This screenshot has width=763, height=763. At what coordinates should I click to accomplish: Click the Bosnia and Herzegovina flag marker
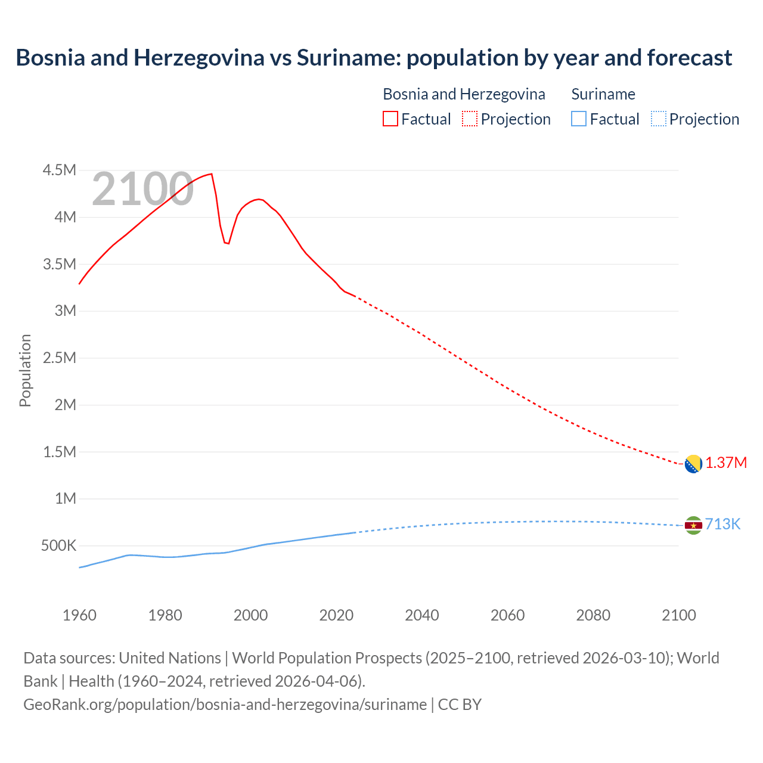(x=693, y=464)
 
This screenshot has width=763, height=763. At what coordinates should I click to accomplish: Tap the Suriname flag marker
(x=693, y=525)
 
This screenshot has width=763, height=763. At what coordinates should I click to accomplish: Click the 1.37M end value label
(x=726, y=463)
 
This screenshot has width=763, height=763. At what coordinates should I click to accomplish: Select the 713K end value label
(x=722, y=524)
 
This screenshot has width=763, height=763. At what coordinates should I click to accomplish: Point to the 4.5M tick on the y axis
(x=60, y=170)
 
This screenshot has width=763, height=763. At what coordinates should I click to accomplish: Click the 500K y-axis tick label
(x=58, y=546)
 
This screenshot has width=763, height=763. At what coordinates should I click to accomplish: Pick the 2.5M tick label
(x=60, y=358)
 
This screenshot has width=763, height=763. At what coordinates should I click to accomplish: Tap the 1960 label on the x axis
(x=79, y=615)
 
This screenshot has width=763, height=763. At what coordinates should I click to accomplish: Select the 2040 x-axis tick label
(x=422, y=615)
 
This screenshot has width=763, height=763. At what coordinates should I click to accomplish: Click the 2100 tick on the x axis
(x=678, y=615)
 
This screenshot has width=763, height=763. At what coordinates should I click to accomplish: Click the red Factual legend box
(x=390, y=119)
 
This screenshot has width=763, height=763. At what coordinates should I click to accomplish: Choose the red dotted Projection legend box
(x=470, y=119)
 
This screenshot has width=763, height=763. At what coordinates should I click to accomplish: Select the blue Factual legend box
(x=579, y=119)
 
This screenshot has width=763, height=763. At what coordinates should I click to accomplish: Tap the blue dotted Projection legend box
(x=658, y=119)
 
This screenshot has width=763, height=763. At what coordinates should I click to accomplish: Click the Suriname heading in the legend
(x=603, y=94)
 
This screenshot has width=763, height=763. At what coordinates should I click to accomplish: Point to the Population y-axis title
(x=25, y=370)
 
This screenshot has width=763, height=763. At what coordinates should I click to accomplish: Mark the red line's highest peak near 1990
(x=211, y=174)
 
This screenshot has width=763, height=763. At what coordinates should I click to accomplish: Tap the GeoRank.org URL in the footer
(x=225, y=705)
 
